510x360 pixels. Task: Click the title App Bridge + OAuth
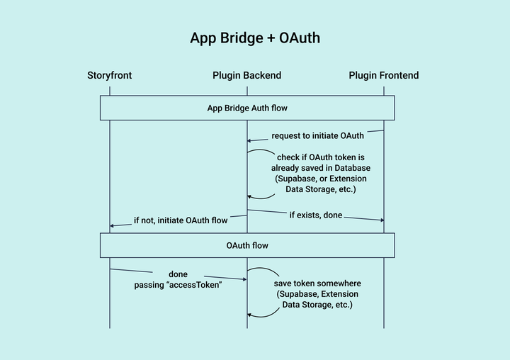(x=255, y=38)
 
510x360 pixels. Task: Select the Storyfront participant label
(x=110, y=75)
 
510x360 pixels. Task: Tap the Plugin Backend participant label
(x=246, y=75)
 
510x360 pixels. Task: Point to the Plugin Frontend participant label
(x=384, y=75)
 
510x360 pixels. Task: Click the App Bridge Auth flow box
(x=246, y=108)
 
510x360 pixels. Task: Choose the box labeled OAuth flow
(x=246, y=245)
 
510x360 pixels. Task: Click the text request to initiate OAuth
(x=318, y=135)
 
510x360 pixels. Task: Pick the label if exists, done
(x=316, y=214)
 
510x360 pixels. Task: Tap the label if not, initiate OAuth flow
(x=181, y=220)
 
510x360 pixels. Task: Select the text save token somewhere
(x=317, y=283)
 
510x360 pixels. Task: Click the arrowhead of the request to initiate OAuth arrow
(x=249, y=140)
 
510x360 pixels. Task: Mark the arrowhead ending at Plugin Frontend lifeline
(x=382, y=220)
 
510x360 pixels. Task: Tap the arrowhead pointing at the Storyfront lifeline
(x=113, y=225)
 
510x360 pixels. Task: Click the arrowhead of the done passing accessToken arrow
(x=244, y=279)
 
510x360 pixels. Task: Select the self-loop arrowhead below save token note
(x=250, y=315)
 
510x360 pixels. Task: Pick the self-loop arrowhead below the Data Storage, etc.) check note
(x=250, y=197)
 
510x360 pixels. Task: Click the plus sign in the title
(x=271, y=38)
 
